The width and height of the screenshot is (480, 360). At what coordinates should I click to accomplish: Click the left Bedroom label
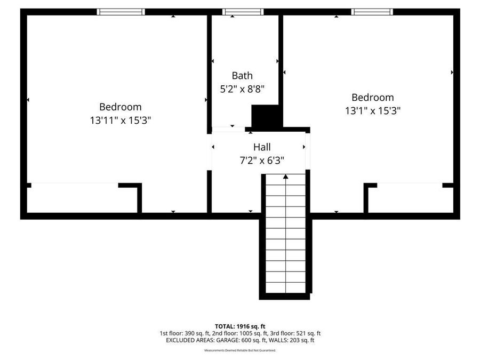coord(121,107)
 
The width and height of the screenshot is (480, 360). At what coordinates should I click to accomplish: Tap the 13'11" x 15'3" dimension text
coord(121,120)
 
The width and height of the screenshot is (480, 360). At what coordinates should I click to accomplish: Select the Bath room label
coord(242,76)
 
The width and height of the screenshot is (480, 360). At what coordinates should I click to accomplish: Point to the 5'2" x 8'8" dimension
coord(243,89)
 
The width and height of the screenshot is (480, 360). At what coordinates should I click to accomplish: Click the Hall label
coord(262,147)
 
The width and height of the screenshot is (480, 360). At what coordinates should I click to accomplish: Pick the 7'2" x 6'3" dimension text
coord(262,160)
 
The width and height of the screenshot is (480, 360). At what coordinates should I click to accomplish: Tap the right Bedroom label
coord(373,98)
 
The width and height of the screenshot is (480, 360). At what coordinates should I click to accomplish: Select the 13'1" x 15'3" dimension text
coord(373,111)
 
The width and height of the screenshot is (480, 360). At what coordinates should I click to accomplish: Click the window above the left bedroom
coord(121,12)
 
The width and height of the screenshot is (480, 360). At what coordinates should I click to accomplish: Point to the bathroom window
coord(243,12)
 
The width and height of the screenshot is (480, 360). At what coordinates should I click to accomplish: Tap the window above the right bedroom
coord(372,12)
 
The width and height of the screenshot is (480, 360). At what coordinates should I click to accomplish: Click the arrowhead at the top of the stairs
coord(286,177)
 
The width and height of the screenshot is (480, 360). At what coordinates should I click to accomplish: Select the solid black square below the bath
coord(265,116)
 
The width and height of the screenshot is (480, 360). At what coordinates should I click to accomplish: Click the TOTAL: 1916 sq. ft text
coord(240,326)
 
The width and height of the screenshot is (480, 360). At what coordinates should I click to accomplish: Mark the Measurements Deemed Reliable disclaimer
coord(240,350)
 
